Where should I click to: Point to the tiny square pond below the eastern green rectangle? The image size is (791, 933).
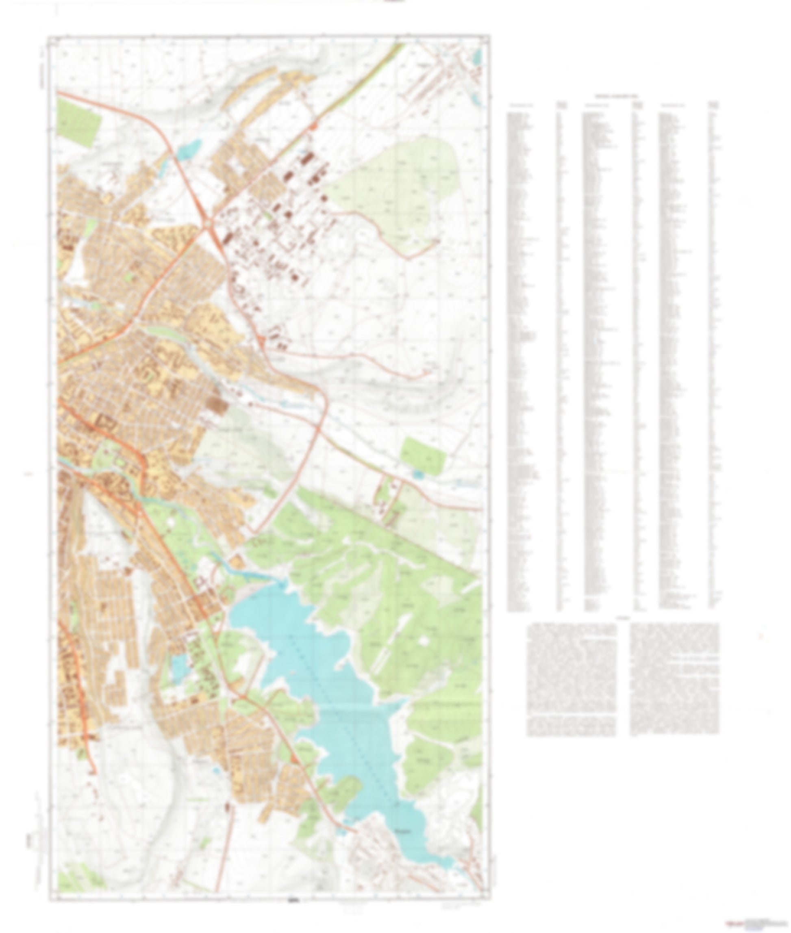click(417, 474)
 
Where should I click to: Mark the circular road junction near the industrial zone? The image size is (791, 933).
click(209, 223)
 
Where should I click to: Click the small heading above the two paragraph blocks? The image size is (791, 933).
click(623, 618)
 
